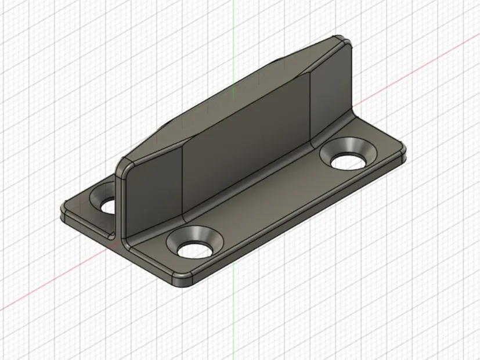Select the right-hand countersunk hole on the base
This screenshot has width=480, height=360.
349,157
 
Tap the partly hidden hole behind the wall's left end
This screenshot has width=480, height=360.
108,204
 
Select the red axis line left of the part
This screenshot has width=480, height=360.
35,296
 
